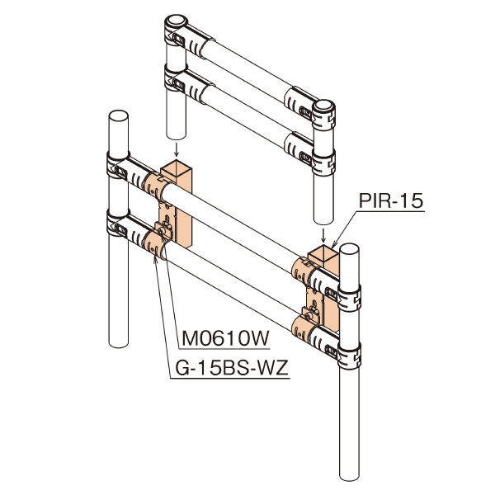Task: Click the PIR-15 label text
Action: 391,200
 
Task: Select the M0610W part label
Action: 225,338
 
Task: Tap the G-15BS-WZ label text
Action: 232,368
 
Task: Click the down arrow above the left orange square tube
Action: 177,149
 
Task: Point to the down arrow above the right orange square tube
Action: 323,235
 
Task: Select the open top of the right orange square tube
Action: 323,253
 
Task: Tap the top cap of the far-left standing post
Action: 118,115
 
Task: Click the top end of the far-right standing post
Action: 349,249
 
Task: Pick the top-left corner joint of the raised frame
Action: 176,30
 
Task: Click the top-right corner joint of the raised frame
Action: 323,115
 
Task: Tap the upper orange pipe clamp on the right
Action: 303,271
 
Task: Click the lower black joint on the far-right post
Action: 349,356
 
